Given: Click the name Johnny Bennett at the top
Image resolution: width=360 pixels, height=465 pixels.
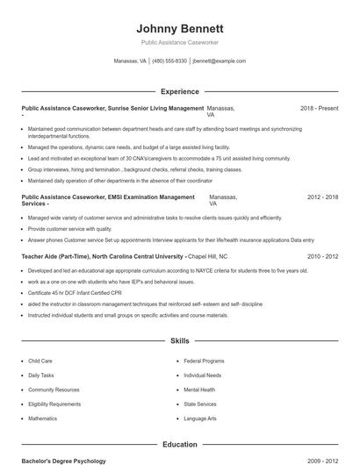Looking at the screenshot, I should coord(179,28).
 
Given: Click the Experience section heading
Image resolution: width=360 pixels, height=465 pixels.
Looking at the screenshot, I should coord(179,91).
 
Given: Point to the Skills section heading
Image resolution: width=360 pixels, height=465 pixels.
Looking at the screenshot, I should coord(179,340).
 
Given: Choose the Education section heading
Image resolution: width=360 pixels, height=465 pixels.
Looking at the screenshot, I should coord(179,445).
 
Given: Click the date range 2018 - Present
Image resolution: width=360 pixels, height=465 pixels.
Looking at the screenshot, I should coord(319,108).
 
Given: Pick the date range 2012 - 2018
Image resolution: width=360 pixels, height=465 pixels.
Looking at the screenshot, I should coord(322,198).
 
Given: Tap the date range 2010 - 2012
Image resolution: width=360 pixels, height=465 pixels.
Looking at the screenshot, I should coord(322,256).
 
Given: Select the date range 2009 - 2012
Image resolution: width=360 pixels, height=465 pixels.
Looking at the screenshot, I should coord(322,461).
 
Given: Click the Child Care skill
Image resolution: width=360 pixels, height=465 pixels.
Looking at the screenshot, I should coord(40,361).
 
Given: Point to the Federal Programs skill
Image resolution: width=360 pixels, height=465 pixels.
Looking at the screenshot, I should coord(204,361).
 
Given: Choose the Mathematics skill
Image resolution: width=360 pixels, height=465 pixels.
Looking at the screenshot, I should coord(42,418).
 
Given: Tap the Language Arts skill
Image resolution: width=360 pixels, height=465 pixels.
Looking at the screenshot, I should coord(200,418).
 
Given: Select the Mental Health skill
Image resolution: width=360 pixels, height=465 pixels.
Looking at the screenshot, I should coord(199,390).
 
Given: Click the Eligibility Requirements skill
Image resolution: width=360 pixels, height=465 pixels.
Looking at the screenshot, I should coord(54,404).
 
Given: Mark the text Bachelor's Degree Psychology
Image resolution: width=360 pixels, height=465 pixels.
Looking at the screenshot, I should coord(63,461).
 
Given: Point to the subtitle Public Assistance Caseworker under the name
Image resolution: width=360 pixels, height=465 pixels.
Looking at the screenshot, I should coord(179,42).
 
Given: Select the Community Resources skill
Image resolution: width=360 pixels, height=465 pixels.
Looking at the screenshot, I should coord(53,390).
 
